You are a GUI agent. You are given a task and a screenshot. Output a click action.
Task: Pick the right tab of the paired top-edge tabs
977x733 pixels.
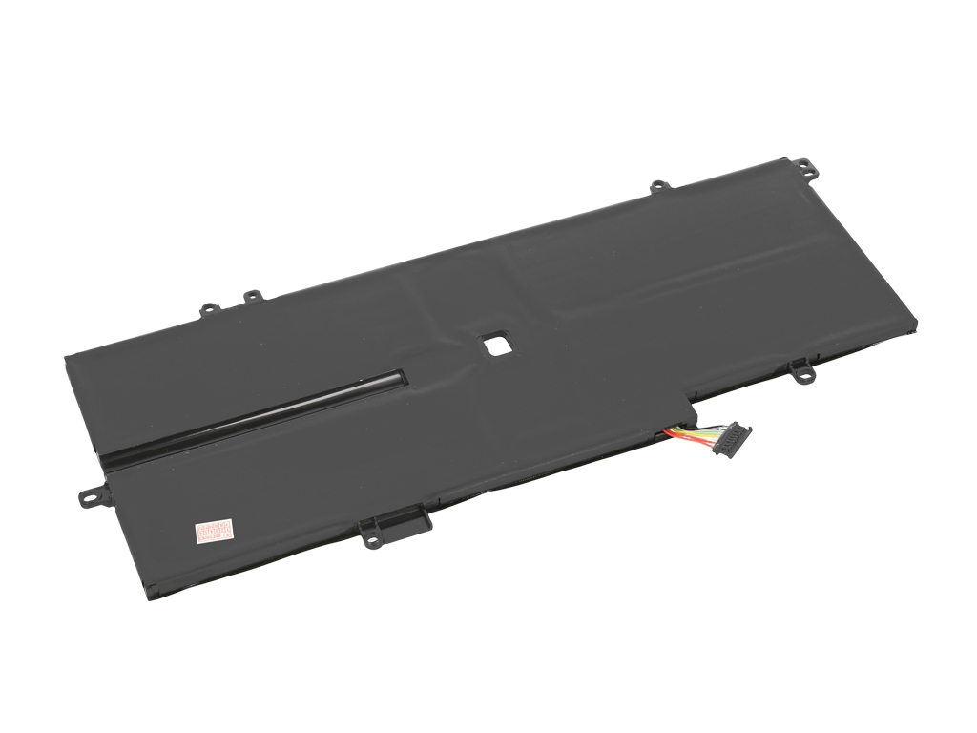pos(251,298)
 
